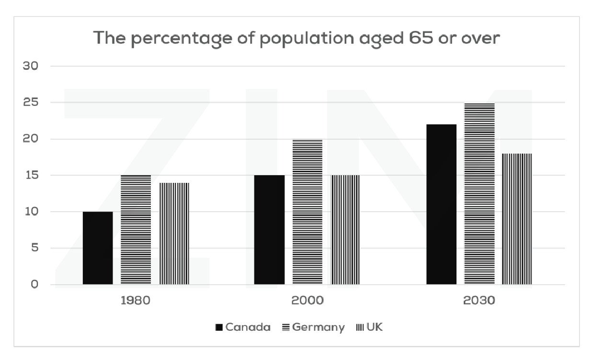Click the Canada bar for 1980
tap(98, 248)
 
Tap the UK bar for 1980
tap(174, 234)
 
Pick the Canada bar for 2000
tap(269, 230)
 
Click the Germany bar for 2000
tap(307, 212)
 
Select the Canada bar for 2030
tap(441, 204)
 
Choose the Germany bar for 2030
tap(479, 193)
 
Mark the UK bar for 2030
tap(517, 219)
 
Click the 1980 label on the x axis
tap(136, 301)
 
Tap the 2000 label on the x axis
tap(307, 301)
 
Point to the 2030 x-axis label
tap(479, 301)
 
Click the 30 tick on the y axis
tap(30, 66)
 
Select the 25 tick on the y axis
tap(30, 102)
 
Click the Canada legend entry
tap(243, 327)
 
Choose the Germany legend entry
tap(313, 327)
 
